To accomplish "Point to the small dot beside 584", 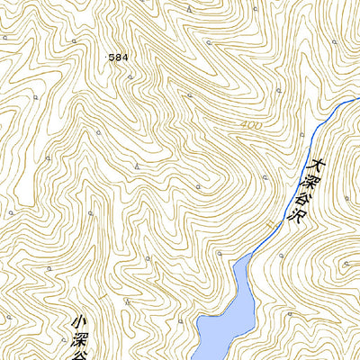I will click(x=107, y=57).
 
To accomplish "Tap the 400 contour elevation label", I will click(x=252, y=124).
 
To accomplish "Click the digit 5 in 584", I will click(x=113, y=57).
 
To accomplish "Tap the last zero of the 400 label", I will click(x=259, y=126).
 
